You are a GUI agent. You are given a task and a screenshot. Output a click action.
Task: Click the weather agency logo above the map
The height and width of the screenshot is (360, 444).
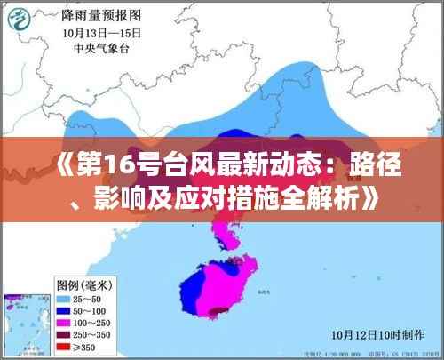pyautogui.click(x=36, y=26)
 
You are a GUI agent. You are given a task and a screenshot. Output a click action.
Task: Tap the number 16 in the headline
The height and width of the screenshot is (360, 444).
pyautogui.click(x=105, y=164)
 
